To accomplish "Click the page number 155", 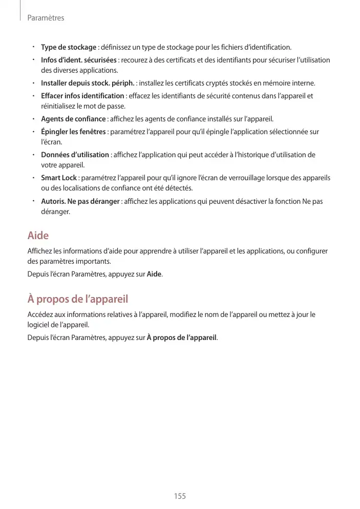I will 180,496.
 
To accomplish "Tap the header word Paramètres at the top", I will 46,18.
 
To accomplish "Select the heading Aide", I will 38,236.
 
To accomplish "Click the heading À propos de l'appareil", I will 78,299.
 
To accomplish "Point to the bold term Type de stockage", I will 69,48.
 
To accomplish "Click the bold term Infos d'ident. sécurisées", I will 79,60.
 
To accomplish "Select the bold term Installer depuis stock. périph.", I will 88,83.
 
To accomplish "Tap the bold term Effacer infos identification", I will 82,96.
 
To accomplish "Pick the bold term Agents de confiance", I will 73,119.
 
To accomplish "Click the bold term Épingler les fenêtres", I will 73,132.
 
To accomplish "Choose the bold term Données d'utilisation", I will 75,155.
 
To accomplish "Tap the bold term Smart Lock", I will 59,178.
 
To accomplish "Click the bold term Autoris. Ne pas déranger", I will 80,201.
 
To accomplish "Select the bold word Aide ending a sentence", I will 155,274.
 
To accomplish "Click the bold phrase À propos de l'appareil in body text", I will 182,337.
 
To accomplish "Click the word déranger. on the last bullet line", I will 56,211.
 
